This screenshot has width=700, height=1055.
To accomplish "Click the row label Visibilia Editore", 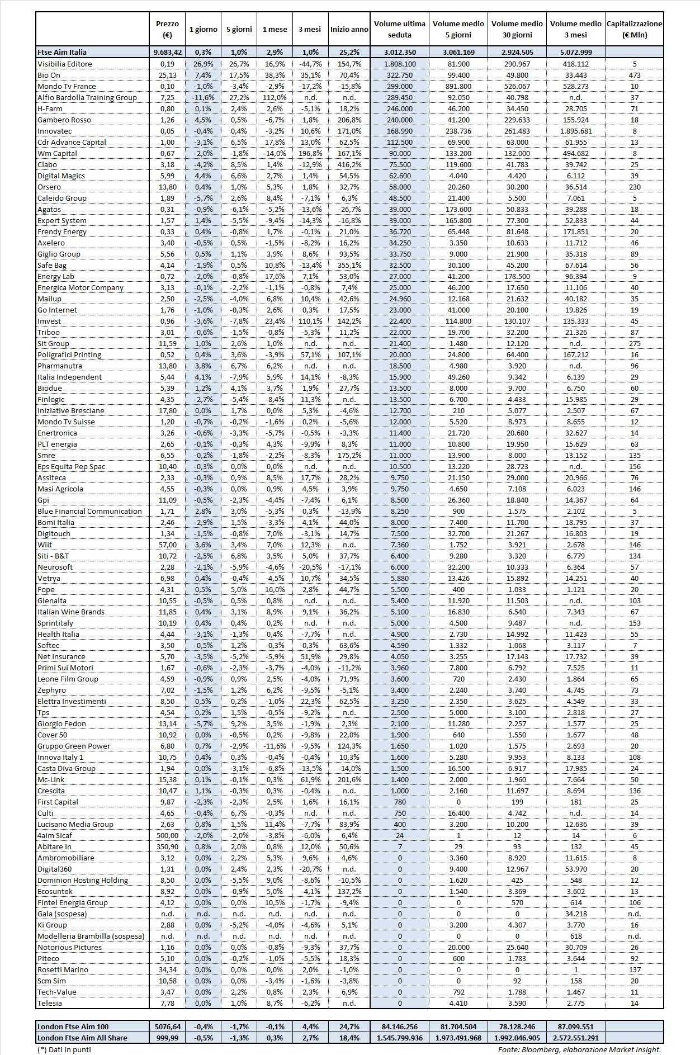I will pyautogui.click(x=65, y=64).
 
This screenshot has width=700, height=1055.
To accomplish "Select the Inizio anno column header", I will pyautogui.click(x=349, y=29).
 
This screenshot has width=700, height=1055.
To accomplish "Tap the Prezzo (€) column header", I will pyautogui.click(x=167, y=29).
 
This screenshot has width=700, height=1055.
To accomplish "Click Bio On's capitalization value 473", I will pyautogui.click(x=634, y=75).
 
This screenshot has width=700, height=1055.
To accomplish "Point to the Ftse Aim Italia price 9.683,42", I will pyautogui.click(x=167, y=52).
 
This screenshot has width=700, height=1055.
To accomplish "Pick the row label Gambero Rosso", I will pyautogui.click(x=64, y=120).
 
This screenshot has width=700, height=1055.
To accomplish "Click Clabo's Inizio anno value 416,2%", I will pyautogui.click(x=349, y=164).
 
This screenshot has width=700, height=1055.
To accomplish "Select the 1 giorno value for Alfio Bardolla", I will pyautogui.click(x=203, y=97).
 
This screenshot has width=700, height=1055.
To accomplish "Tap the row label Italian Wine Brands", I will pyautogui.click(x=71, y=612).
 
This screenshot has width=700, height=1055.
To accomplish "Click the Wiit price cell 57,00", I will pyautogui.click(x=167, y=545).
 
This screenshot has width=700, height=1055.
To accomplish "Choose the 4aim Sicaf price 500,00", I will pyautogui.click(x=167, y=835).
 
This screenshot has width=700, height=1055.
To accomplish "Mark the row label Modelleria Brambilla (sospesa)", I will pyautogui.click(x=91, y=936).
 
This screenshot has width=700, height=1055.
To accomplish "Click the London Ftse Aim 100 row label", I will pyautogui.click(x=73, y=1026).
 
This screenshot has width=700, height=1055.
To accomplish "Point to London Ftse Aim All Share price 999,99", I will pyautogui.click(x=167, y=1038).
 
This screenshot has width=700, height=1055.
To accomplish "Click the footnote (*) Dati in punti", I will pyautogui.click(x=64, y=1049).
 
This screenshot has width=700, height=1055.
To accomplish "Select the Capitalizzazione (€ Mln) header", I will pyautogui.click(x=634, y=29).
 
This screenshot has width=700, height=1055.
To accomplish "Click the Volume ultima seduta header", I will pyautogui.click(x=399, y=29).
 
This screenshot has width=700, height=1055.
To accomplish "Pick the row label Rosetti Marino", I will pyautogui.click(x=63, y=969).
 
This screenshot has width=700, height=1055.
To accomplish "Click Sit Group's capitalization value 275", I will pyautogui.click(x=634, y=343).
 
